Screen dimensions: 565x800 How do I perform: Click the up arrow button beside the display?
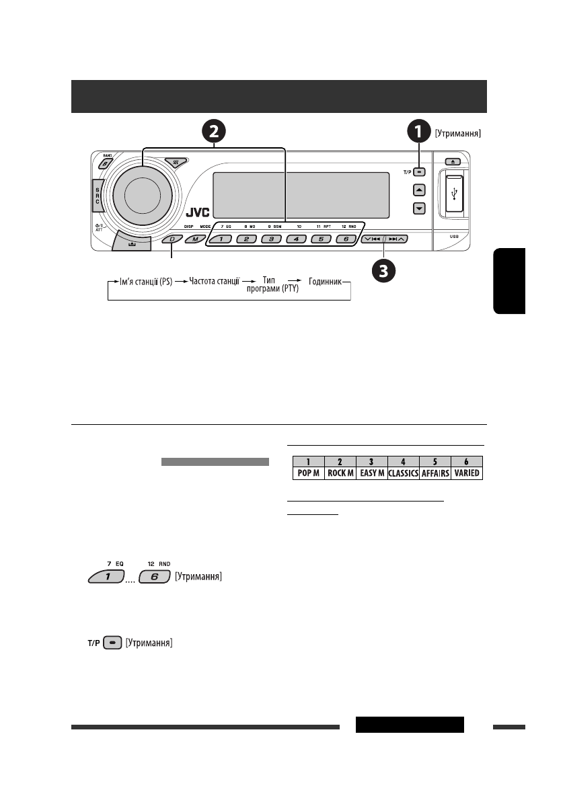[419, 190]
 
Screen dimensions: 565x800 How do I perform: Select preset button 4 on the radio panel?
[296, 239]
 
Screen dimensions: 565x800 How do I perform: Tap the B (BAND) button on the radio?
[106, 163]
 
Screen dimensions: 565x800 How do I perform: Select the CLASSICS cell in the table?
[403, 473]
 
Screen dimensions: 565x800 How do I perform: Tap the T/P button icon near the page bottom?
[113, 643]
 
